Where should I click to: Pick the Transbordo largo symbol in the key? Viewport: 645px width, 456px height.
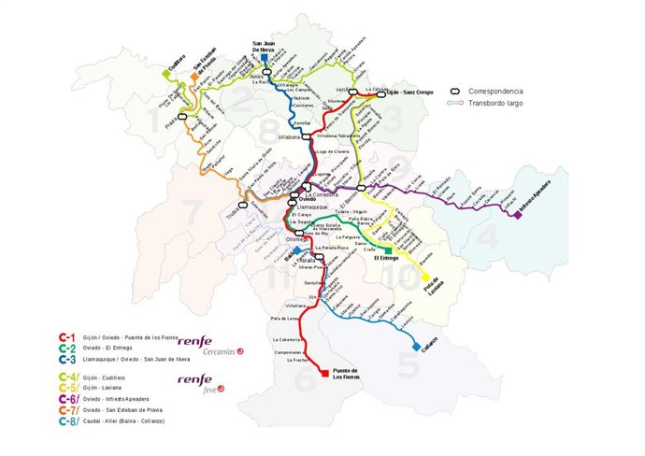tap(458, 105)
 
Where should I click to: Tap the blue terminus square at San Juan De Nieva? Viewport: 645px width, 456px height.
tap(265, 57)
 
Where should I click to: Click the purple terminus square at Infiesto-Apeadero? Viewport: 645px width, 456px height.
tap(517, 215)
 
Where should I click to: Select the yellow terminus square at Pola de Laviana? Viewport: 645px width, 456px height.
tap(425, 277)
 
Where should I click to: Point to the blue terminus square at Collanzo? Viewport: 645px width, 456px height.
tap(415, 347)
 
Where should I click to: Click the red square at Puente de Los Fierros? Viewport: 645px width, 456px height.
tap(324, 372)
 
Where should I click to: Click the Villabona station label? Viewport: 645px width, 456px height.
tap(284, 137)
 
